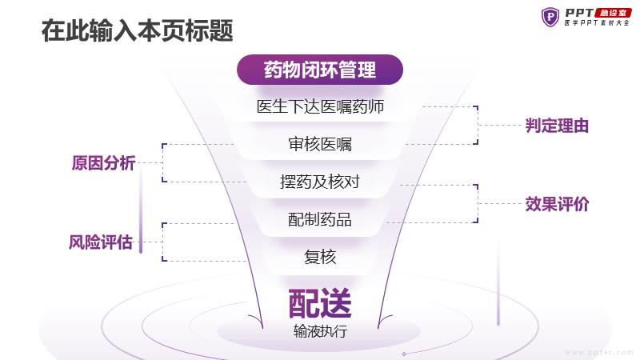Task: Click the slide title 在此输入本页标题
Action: [x=137, y=30]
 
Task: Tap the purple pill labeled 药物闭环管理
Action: [x=319, y=70]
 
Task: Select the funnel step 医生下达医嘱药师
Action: [x=320, y=106]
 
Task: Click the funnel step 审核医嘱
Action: [x=320, y=144]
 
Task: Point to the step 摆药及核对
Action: [x=320, y=182]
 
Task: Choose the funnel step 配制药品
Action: [x=320, y=219]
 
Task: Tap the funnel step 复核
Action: [x=320, y=257]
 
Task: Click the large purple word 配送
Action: [x=320, y=303]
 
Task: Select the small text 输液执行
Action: [x=320, y=331]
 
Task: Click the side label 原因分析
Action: [x=104, y=163]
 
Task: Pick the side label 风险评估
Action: [x=101, y=242]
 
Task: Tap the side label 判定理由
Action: [x=557, y=126]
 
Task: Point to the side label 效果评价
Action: [x=557, y=204]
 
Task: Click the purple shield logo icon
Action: [x=550, y=17]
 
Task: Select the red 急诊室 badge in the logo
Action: [x=613, y=13]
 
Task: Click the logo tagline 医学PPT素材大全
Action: [x=597, y=23]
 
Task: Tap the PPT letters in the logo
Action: [x=579, y=13]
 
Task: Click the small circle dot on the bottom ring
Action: [x=404, y=354]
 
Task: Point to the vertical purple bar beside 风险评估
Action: [x=141, y=210]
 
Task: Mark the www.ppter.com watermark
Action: [x=598, y=352]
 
